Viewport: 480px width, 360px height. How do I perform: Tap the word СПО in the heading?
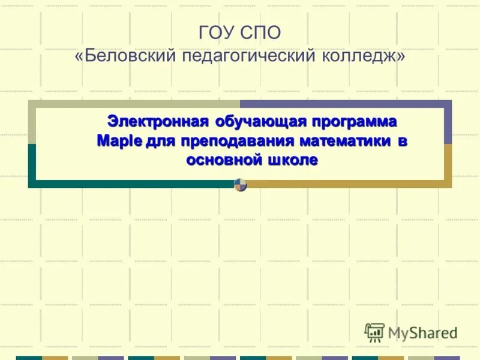260,33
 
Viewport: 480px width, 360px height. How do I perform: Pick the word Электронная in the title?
158,121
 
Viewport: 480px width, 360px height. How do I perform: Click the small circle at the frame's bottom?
241,185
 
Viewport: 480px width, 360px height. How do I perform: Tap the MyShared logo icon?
374,332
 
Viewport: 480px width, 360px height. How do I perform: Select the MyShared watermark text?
422,333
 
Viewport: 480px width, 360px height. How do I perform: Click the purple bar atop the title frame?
344,104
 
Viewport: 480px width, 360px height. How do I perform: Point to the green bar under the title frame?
132,184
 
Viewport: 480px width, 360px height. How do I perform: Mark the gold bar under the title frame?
348,184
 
